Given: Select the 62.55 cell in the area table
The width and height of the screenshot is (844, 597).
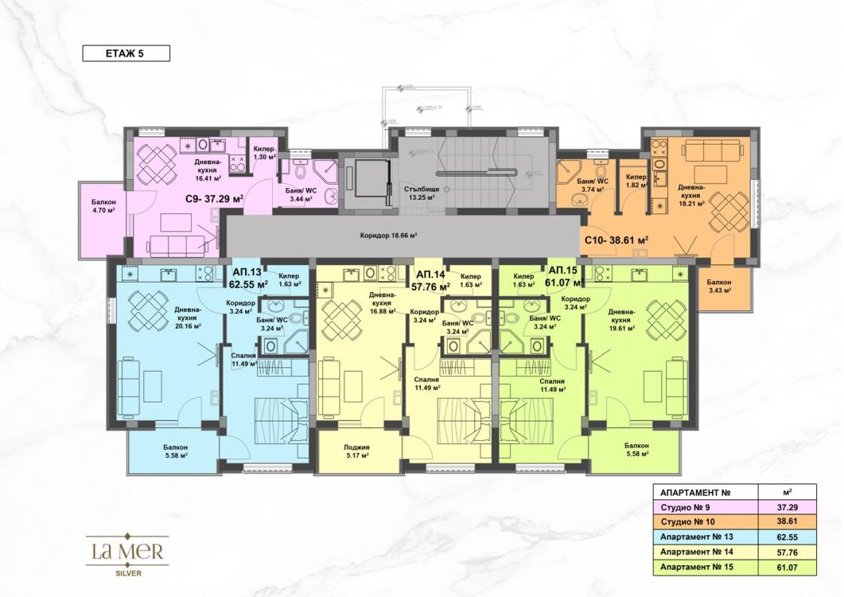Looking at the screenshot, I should pos(786,537).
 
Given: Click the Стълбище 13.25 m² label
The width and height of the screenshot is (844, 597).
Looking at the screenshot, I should pos(421,193).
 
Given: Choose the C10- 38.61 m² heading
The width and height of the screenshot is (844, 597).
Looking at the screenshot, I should pos(617,239).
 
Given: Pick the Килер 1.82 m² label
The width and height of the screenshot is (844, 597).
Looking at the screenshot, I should pos(635,180).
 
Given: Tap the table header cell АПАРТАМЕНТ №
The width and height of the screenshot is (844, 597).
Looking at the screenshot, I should pos(691,491).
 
